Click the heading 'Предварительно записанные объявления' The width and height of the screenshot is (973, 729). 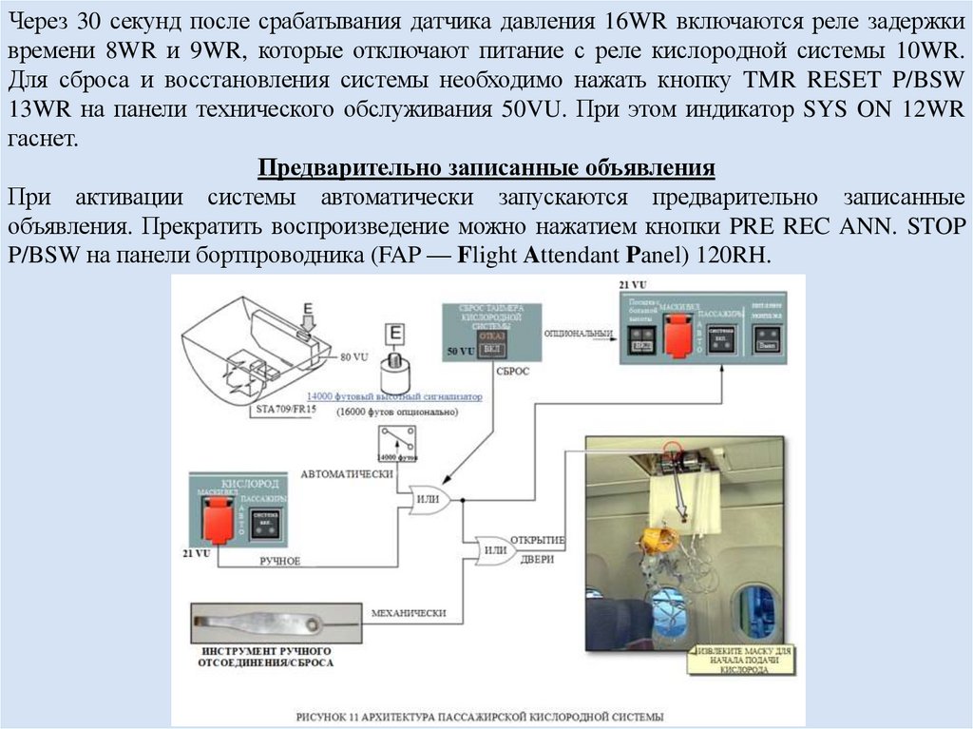point(486,170)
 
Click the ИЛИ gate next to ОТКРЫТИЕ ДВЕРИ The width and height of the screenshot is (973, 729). point(493,548)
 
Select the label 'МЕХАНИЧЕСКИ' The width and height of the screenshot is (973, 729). point(409,613)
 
